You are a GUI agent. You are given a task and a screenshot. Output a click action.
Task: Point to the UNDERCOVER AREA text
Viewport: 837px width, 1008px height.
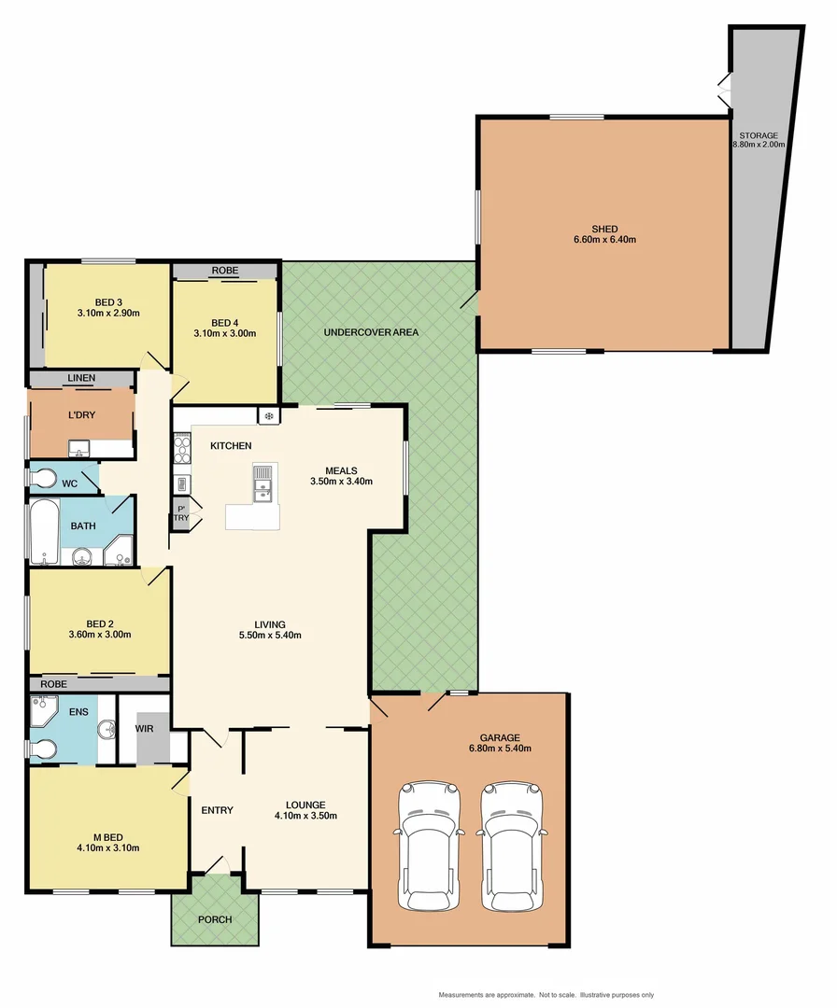pyautogui.click(x=371, y=332)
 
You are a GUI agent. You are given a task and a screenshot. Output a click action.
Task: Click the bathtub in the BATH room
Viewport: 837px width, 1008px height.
pyautogui.click(x=44, y=532)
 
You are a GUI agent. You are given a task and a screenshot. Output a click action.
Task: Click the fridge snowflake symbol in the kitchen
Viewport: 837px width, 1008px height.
pyautogui.click(x=269, y=415)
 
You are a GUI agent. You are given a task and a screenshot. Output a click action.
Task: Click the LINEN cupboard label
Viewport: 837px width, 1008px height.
pyautogui.click(x=80, y=378)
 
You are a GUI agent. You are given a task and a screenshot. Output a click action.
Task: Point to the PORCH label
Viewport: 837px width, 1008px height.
pyautogui.click(x=214, y=919)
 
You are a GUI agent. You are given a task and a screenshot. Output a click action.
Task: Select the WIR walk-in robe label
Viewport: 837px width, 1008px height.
pyautogui.click(x=145, y=727)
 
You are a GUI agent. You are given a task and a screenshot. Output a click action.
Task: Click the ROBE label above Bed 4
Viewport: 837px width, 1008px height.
pyautogui.click(x=224, y=271)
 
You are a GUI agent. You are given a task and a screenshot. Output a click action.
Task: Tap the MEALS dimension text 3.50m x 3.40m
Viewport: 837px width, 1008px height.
pyautogui.click(x=342, y=482)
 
